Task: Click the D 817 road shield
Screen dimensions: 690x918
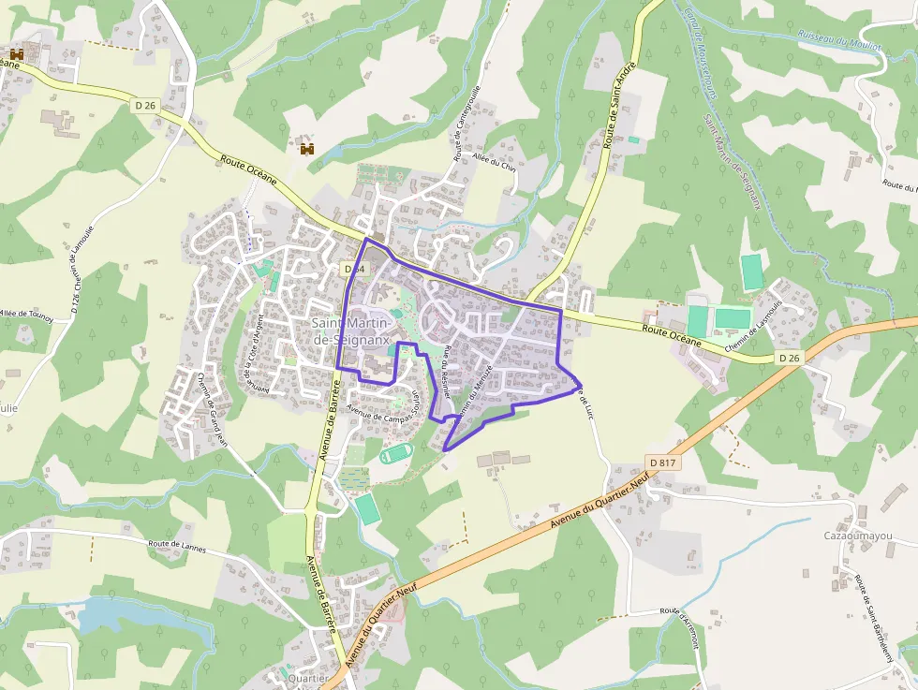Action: [x=662, y=462]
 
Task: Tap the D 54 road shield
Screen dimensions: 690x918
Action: [x=353, y=269]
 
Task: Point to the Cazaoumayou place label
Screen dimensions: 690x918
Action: [x=857, y=536]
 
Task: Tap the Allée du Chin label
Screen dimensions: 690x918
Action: [x=496, y=162]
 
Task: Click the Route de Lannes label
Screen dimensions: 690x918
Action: [x=176, y=543]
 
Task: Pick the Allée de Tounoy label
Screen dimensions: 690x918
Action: [x=26, y=315]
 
